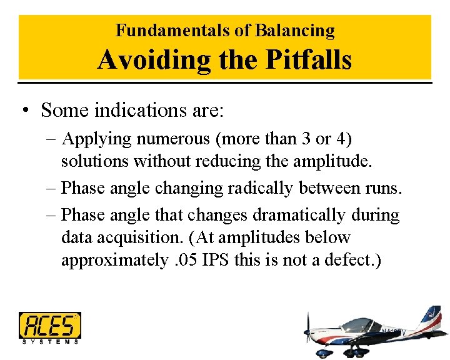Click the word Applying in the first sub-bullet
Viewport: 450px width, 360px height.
[96, 138]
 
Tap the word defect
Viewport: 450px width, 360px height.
[352, 261]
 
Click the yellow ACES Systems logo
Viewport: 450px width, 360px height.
[49, 326]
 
